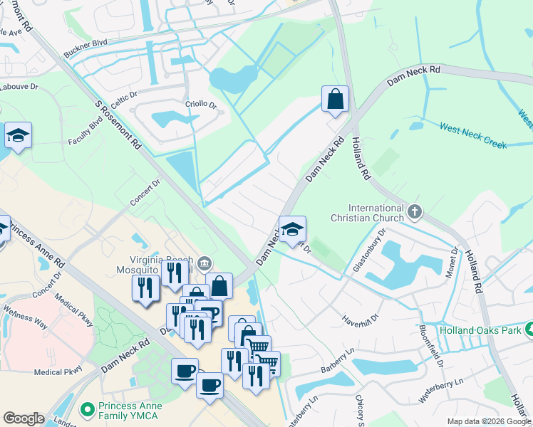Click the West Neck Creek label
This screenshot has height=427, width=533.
473,135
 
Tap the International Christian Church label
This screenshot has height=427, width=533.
366,212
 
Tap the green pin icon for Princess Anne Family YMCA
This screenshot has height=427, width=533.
88,411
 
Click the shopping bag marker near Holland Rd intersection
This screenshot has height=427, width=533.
335,100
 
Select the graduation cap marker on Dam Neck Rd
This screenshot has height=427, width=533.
292,229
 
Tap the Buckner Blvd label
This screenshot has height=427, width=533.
86,48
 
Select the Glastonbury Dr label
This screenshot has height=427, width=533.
370,251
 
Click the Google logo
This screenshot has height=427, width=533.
24,418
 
